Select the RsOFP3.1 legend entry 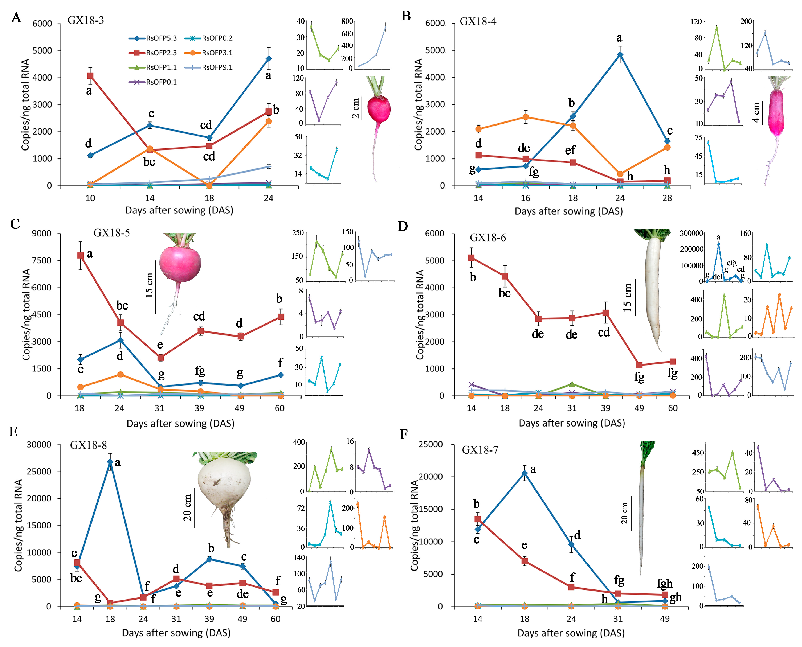[209, 53]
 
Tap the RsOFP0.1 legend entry [153, 82]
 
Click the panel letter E [14, 431]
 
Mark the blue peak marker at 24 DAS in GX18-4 [620, 55]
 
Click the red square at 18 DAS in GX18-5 [80, 255]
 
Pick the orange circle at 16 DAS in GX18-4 [525, 117]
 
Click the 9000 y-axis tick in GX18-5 [41, 234]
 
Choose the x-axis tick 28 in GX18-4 [667, 198]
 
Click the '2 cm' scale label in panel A [356, 108]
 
